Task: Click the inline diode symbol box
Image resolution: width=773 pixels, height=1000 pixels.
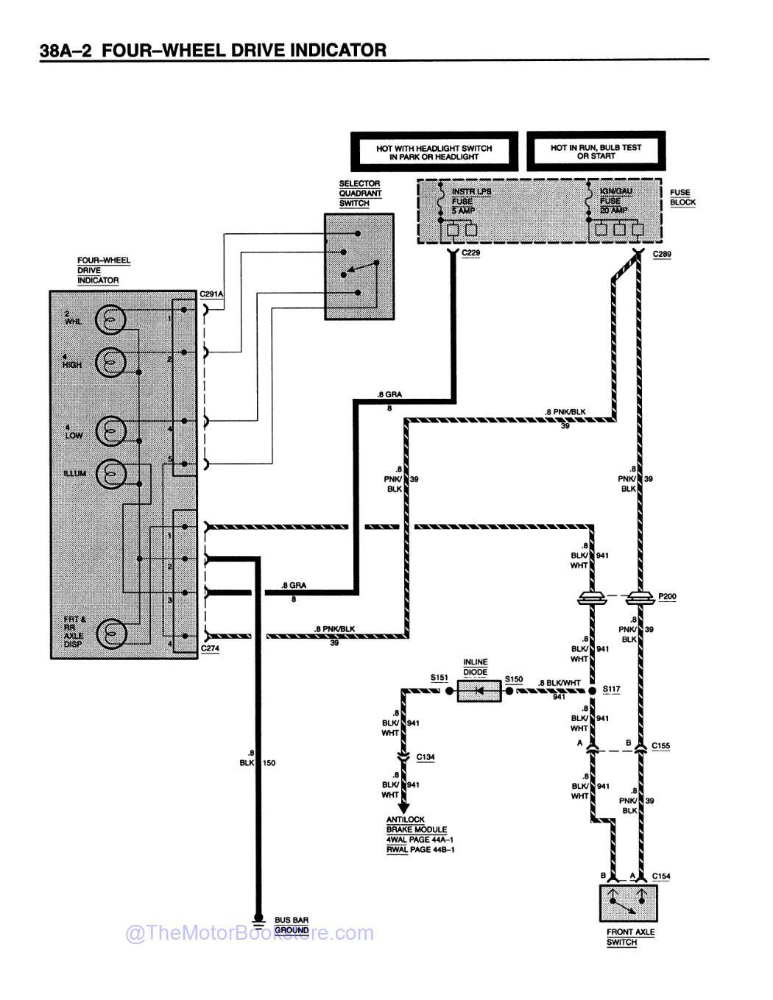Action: pyautogui.click(x=479, y=691)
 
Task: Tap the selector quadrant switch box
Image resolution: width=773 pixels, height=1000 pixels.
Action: pyautogui.click(x=359, y=266)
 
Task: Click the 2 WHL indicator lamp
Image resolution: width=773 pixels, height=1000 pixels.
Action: pyautogui.click(x=111, y=320)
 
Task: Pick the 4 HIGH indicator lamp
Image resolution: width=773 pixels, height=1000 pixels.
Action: pyautogui.click(x=111, y=361)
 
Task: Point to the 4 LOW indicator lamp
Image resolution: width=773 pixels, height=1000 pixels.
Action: pyautogui.click(x=111, y=430)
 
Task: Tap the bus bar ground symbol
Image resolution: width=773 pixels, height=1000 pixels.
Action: pyautogui.click(x=258, y=921)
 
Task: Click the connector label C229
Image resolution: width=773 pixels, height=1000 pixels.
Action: pyautogui.click(x=470, y=253)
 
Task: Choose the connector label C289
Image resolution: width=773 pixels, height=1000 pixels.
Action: pyautogui.click(x=662, y=254)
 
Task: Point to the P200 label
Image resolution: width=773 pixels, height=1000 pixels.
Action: pyautogui.click(x=667, y=596)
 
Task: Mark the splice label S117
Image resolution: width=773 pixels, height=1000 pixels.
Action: pyautogui.click(x=611, y=689)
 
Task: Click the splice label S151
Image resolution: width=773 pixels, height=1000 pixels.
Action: pyautogui.click(x=440, y=678)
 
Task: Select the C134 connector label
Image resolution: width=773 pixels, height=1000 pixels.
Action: pyautogui.click(x=426, y=756)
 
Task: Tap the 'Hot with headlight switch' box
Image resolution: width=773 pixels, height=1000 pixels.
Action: pyautogui.click(x=434, y=152)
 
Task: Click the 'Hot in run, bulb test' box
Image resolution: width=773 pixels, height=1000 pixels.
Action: pyautogui.click(x=596, y=152)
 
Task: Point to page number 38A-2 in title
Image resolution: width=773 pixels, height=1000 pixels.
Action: pyautogui.click(x=65, y=51)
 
